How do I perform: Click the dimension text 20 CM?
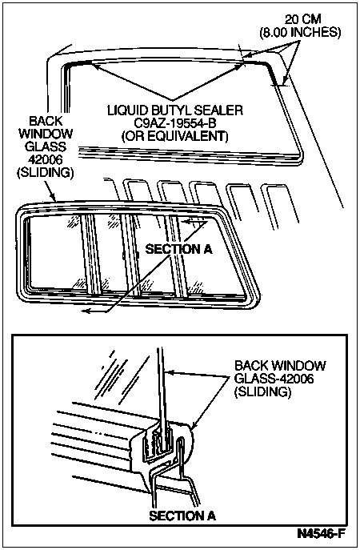[302, 19]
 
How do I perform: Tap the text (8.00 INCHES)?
[300, 33]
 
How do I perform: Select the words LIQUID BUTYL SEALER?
[175, 110]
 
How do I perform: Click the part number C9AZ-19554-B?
[175, 123]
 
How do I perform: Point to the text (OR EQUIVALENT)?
[175, 136]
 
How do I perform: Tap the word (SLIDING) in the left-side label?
[46, 173]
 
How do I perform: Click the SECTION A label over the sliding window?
[178, 249]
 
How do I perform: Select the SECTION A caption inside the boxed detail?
[182, 516]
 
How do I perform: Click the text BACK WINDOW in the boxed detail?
[280, 366]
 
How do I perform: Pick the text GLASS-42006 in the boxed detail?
[274, 379]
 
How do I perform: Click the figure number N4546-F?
[321, 534]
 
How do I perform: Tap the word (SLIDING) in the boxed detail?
[262, 391]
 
